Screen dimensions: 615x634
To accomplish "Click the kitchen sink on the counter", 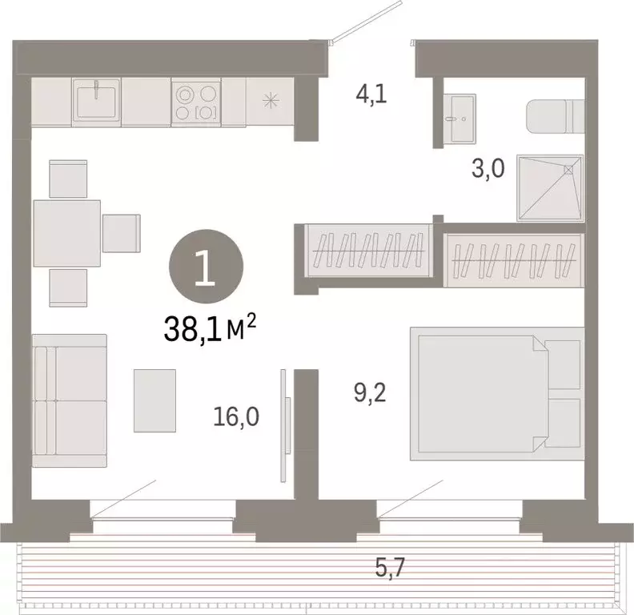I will point(96,101).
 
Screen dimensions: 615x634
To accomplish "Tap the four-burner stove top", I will point(196,102).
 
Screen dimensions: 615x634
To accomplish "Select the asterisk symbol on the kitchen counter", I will point(271,101).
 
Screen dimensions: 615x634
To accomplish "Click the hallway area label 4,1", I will point(372,97).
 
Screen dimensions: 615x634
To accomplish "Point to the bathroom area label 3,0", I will point(487,171).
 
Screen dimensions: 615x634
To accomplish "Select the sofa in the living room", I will point(70,400).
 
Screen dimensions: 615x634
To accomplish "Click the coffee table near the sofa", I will point(154,400).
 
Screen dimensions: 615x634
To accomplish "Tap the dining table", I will point(67,233).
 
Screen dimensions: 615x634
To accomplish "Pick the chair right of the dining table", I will point(122,233).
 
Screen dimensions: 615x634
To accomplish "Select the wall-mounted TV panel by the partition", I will point(283,424).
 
